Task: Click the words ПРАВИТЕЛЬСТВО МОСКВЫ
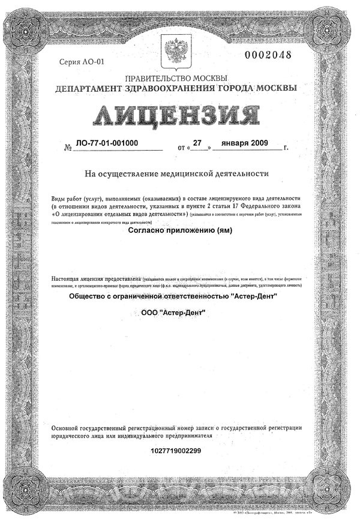point(175,79)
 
